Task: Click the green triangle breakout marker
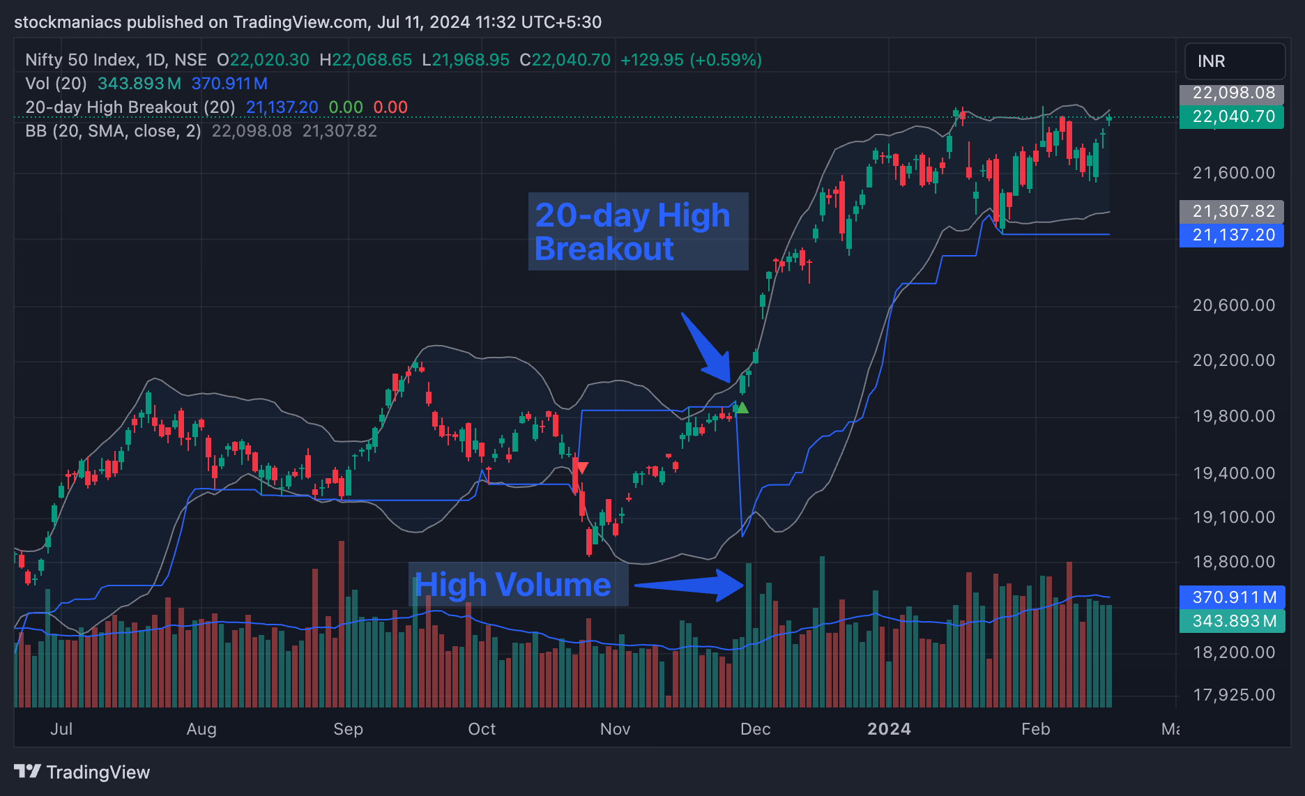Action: [742, 408]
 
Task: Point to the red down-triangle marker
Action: [581, 468]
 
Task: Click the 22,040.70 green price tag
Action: [1232, 116]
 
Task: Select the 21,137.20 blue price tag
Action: [1232, 235]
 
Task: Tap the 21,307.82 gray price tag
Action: [1232, 211]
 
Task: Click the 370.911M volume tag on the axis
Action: [1232, 597]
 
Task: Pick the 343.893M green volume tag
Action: [1232, 621]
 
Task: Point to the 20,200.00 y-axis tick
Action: [1233, 360]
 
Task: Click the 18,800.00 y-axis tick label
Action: [1233, 562]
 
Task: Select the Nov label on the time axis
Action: [615, 729]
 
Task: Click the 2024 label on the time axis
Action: [889, 729]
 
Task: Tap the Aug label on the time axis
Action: [201, 729]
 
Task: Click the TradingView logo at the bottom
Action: [82, 772]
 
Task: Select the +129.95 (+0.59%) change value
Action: [691, 60]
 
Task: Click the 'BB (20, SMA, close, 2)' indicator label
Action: [113, 131]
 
